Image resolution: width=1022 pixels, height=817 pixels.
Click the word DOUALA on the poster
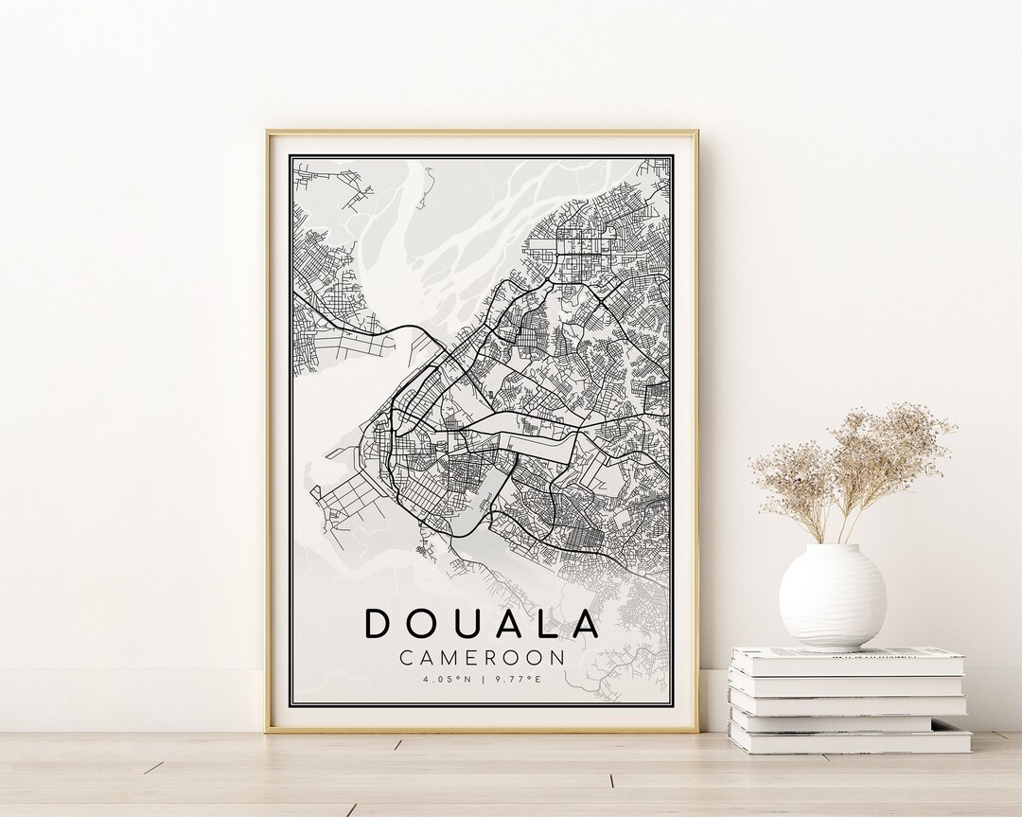[482, 624]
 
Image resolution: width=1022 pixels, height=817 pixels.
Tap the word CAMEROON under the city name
[482, 656]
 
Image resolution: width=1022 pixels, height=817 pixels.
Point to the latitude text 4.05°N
[445, 678]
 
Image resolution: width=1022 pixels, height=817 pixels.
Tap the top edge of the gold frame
[482, 132]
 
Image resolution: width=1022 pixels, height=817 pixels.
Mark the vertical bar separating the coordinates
[482, 678]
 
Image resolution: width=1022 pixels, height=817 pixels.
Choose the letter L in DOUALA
[548, 624]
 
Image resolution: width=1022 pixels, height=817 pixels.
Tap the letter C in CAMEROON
[406, 656]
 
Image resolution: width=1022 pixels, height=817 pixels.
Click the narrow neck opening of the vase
[833, 547]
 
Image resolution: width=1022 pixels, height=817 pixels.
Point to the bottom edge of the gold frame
[482, 730]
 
